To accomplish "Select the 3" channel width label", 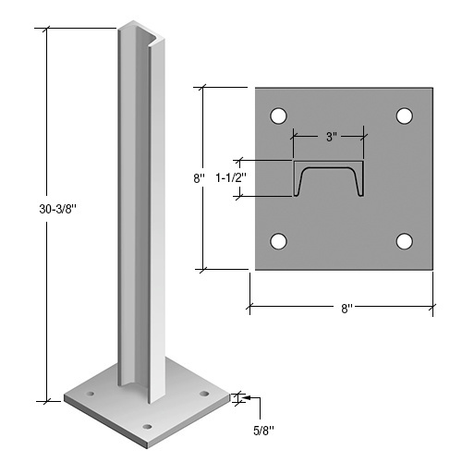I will tap(329, 136).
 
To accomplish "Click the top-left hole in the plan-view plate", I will tap(276, 115).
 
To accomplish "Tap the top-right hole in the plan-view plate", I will tap(404, 115).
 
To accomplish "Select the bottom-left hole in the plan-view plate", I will tap(276, 241).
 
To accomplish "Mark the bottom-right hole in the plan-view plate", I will tap(404, 241).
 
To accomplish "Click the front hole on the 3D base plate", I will tap(148, 426).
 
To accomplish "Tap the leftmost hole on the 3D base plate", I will tap(91, 395).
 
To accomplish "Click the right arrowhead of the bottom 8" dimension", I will tap(431, 303).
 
